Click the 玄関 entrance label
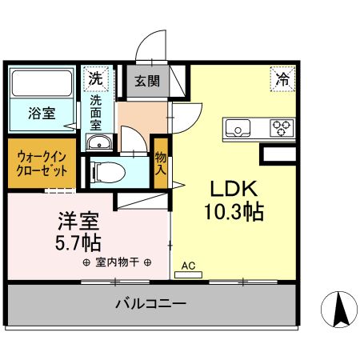coord(145,81)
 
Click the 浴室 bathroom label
coord(42,113)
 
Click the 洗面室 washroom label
coord(96,113)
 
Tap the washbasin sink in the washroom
coord(100,143)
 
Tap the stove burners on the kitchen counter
coord(282,126)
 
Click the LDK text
coord(233,189)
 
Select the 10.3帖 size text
coord(233,213)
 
